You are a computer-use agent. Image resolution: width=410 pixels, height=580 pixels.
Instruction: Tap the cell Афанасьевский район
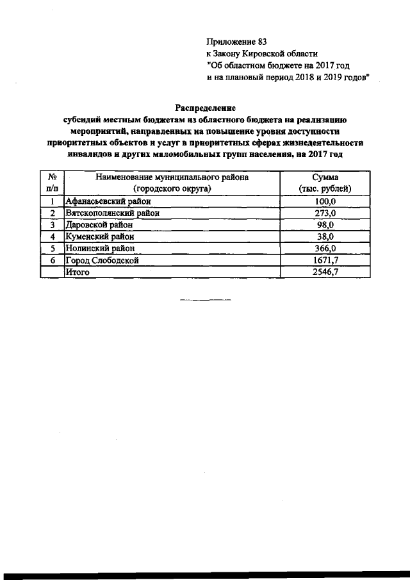coord(107,202)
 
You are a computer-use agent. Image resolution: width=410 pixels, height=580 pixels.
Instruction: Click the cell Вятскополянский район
coord(112,213)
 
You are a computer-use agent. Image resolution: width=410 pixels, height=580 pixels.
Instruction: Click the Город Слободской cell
coord(102,260)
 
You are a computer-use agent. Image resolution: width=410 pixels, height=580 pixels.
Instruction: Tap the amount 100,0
coord(325,202)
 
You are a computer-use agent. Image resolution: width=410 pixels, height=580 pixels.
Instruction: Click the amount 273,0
coord(325,213)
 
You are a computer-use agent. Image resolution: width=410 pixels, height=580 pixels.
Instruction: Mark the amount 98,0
coord(325,225)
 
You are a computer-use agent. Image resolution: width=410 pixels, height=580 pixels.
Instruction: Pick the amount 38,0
coord(325,236)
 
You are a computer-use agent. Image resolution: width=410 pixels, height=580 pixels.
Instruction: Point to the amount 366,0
coord(325,248)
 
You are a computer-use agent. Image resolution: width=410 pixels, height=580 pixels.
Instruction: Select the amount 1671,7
coord(325,260)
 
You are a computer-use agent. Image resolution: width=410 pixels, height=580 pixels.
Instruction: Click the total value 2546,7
coord(325,272)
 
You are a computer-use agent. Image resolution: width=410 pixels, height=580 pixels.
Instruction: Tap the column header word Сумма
coord(325,177)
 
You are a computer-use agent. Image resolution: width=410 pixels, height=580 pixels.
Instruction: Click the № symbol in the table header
coord(52,177)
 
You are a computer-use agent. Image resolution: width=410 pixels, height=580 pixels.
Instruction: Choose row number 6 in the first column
coord(52,260)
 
